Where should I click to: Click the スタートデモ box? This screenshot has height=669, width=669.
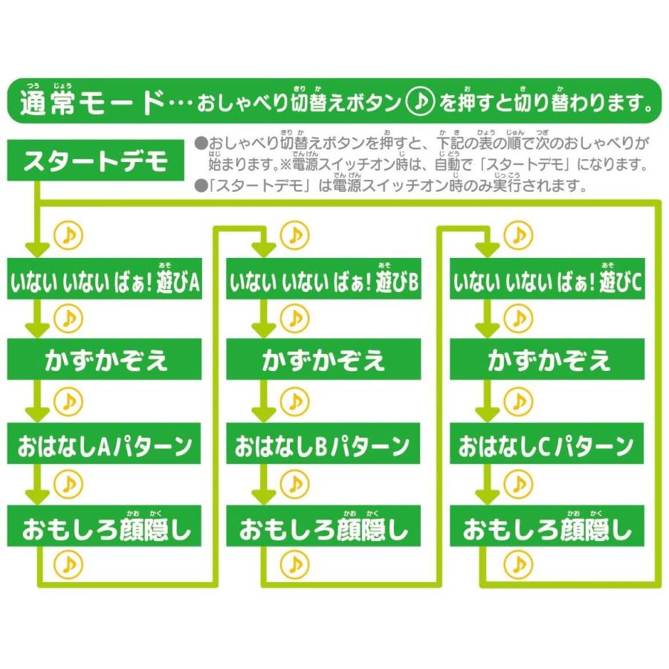pyautogui.click(x=96, y=160)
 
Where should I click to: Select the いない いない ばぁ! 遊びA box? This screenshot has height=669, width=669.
pyautogui.click(x=105, y=279)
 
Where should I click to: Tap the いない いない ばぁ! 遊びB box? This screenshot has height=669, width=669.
pyautogui.click(x=323, y=279)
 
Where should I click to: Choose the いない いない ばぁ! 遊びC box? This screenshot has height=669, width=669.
pyautogui.click(x=547, y=279)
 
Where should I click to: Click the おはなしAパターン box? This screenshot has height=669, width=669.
pyautogui.click(x=104, y=444)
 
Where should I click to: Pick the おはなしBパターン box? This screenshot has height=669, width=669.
pyautogui.click(x=323, y=444)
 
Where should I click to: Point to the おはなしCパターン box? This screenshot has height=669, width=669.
pyautogui.click(x=546, y=444)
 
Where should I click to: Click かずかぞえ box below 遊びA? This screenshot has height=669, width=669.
pyautogui.click(x=105, y=359)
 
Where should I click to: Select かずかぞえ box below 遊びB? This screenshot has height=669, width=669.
pyautogui.click(x=323, y=359)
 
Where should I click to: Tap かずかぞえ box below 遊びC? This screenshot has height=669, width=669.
pyautogui.click(x=547, y=359)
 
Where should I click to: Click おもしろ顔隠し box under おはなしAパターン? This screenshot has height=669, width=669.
pyautogui.click(x=105, y=526)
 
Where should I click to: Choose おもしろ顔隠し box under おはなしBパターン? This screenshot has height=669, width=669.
pyautogui.click(x=323, y=526)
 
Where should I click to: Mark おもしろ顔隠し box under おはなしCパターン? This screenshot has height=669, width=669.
pyautogui.click(x=547, y=526)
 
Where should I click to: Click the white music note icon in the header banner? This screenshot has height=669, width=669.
pyautogui.click(x=420, y=102)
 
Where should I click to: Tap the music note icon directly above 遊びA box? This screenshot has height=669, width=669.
pyautogui.click(x=68, y=235)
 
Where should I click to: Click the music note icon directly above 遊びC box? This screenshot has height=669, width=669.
pyautogui.click(x=518, y=235)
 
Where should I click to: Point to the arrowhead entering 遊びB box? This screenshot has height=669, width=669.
pyautogui.click(x=264, y=250)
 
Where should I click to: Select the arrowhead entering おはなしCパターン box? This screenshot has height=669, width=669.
pyautogui.click(x=488, y=415)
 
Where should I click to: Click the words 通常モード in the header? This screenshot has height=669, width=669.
pyautogui.click(x=92, y=103)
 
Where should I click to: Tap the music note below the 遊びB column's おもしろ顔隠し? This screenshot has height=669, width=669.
pyautogui.click(x=294, y=564)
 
